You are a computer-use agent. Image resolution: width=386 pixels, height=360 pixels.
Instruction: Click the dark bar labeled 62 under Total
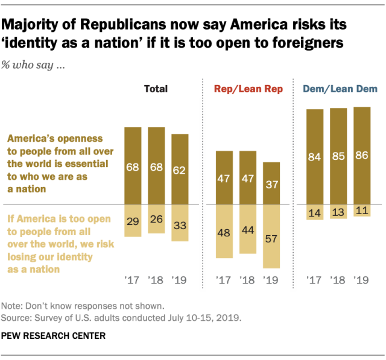click(x=180, y=168)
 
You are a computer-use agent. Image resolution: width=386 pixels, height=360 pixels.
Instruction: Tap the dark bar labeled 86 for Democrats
click(x=362, y=155)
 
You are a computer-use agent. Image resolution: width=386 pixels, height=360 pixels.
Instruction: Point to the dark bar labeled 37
click(x=271, y=183)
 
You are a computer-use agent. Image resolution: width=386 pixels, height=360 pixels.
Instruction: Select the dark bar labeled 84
click(x=315, y=156)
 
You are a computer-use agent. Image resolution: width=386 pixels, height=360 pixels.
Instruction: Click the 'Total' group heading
click(x=156, y=89)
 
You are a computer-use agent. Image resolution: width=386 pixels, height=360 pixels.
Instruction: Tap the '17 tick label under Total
click(x=132, y=281)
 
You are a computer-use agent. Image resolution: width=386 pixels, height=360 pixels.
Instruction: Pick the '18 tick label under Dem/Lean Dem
click(x=338, y=281)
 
